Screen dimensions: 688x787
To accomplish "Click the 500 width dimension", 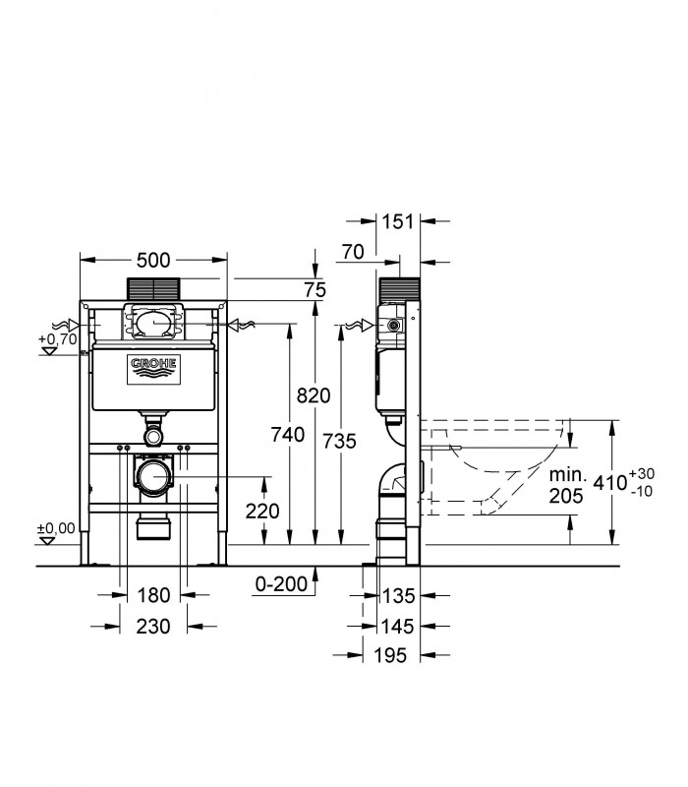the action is (153, 260).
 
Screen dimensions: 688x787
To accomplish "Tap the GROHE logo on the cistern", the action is (153, 371).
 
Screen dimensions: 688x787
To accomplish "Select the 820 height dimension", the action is (314, 395).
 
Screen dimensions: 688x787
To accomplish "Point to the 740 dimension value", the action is (287, 434).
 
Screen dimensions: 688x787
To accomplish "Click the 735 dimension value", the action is (339, 441).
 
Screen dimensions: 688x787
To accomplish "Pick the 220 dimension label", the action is (262, 511).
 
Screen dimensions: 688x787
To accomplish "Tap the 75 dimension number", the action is (315, 289).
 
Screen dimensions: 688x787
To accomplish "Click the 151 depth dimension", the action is (398, 221).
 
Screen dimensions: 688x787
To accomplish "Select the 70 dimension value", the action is (353, 252).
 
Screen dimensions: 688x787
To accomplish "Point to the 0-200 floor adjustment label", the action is (281, 583).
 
